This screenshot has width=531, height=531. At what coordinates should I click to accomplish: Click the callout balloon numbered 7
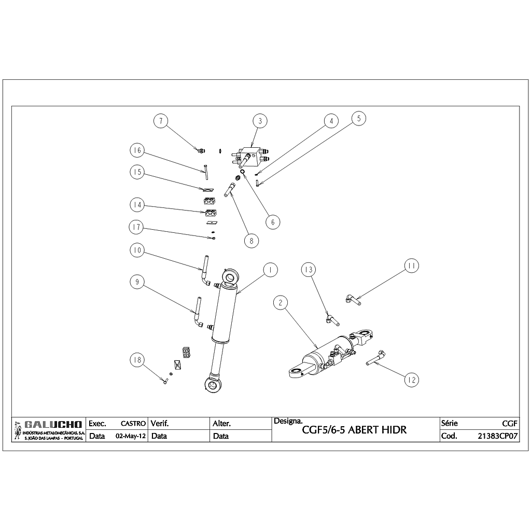point(161,121)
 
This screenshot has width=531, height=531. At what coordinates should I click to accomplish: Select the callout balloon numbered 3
point(260,121)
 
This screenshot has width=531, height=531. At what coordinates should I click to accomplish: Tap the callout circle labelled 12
point(412,380)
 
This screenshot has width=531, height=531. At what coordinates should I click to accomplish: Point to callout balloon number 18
point(137,360)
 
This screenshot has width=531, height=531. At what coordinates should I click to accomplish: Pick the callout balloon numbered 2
point(280,302)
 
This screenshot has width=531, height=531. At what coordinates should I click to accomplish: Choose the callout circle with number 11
point(412,265)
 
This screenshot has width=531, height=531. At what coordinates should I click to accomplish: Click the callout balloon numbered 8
point(251,241)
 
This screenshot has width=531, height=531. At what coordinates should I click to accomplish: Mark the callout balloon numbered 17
point(137,227)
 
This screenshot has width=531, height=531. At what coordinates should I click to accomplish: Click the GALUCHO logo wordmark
point(52,425)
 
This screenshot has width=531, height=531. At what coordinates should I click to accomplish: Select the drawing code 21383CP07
point(498,436)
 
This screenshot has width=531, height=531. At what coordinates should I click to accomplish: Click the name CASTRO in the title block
point(133,424)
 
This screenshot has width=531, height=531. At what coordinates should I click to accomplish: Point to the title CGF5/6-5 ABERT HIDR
point(354,430)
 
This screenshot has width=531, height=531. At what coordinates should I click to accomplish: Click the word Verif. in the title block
point(159,424)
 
